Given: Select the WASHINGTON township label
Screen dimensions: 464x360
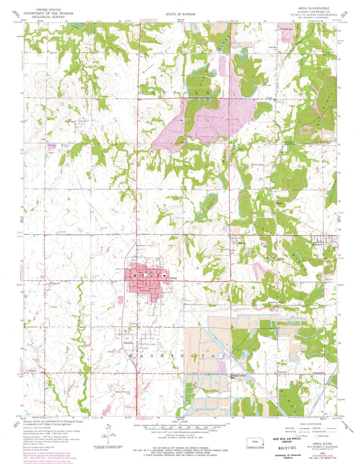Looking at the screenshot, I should tap(173, 354).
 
